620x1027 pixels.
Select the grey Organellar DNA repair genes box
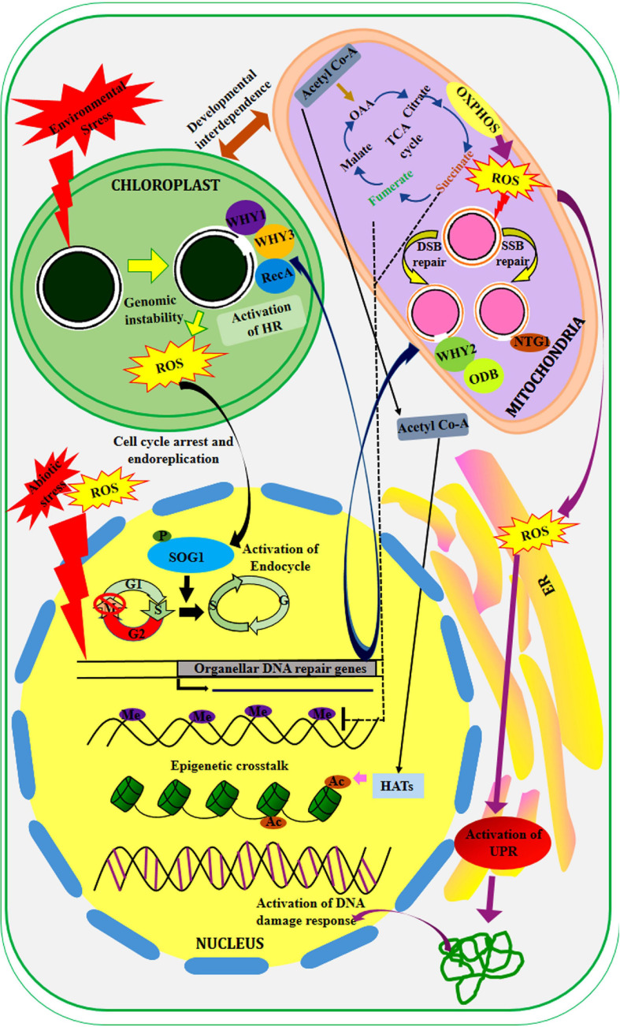278,668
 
